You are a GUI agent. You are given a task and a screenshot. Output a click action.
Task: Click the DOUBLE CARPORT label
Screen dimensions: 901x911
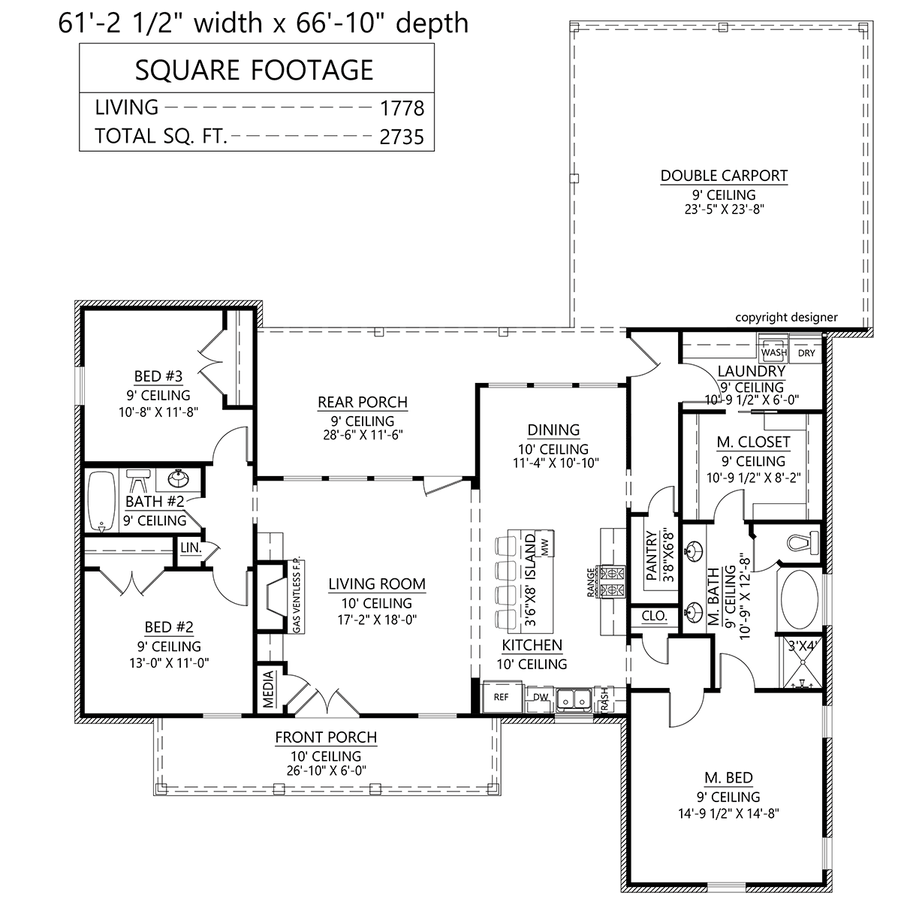click(x=723, y=176)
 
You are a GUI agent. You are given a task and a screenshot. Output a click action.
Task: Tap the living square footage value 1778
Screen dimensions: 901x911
click(x=402, y=108)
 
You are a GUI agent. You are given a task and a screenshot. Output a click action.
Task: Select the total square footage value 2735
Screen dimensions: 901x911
click(x=402, y=137)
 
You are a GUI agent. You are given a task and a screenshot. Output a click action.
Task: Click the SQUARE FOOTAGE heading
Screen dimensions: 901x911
click(x=255, y=70)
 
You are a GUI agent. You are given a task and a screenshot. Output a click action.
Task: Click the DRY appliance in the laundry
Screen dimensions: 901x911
click(x=806, y=350)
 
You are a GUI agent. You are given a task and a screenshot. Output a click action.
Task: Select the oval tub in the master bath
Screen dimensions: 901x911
click(x=800, y=600)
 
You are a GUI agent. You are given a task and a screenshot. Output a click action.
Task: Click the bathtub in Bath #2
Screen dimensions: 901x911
click(x=101, y=501)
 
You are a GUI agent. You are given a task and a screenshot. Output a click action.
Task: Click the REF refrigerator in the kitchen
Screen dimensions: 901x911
click(x=501, y=696)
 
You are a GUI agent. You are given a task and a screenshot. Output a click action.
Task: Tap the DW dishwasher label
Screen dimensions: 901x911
click(x=541, y=697)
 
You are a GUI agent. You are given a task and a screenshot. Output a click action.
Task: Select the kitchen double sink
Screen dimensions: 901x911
click(x=574, y=698)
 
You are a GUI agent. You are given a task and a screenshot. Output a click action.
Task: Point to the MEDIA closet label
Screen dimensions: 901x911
click(x=268, y=689)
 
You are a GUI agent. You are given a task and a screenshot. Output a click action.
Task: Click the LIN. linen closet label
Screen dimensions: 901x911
click(x=191, y=548)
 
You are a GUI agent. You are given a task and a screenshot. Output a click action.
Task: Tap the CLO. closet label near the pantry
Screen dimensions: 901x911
click(x=654, y=616)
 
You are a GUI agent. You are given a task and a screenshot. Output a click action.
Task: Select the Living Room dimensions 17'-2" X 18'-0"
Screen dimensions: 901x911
click(x=377, y=620)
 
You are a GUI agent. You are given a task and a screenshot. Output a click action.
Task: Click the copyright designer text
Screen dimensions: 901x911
click(x=786, y=317)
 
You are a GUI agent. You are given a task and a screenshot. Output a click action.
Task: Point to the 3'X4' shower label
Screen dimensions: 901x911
click(x=802, y=646)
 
